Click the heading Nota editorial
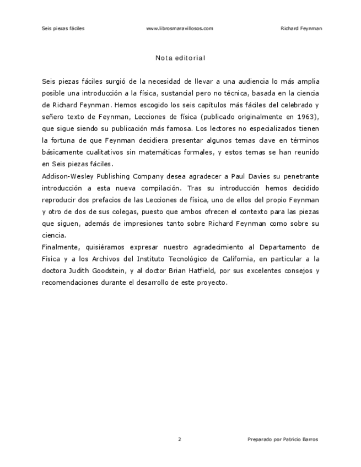[x=180, y=57]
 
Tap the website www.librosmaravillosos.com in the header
[x=180, y=28]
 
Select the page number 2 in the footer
[x=180, y=439]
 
